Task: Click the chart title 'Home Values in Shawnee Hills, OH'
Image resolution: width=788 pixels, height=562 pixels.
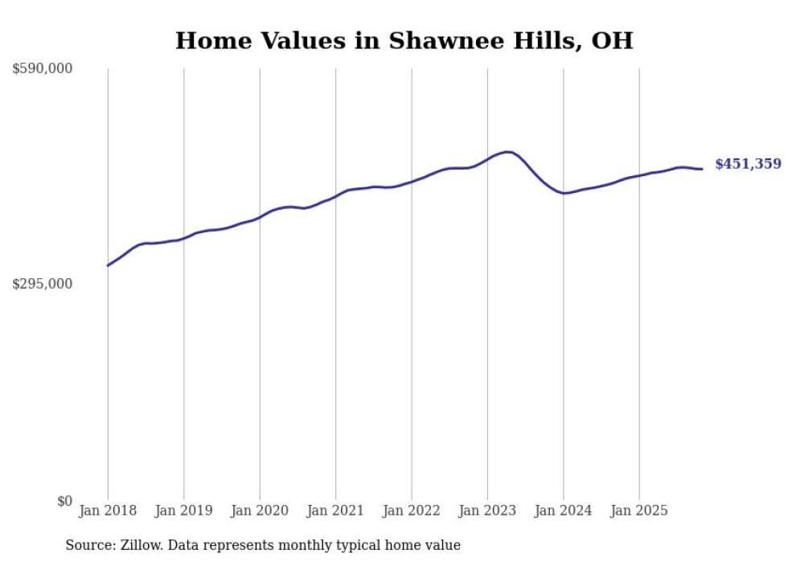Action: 404,40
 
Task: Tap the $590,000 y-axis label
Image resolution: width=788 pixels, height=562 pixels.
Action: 43,69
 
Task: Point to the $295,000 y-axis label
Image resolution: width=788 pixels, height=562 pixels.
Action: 43,284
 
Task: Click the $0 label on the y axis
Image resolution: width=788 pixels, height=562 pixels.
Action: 64,501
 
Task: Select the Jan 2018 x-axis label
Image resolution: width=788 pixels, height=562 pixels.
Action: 108,511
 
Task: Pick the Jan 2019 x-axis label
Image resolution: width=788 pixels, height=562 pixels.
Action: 183,511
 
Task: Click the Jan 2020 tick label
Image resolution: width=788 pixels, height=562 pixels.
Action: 260,511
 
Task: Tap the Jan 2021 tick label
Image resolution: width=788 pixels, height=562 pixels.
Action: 335,511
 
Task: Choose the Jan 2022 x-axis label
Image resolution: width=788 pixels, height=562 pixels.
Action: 412,511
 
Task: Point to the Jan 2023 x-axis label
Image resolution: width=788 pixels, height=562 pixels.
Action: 487,511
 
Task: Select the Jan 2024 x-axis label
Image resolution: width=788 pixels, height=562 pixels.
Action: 564,511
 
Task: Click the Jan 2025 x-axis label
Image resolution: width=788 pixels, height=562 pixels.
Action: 639,511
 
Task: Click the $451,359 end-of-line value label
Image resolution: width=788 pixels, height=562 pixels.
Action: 748,164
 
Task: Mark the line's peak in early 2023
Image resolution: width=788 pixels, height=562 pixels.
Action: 507,151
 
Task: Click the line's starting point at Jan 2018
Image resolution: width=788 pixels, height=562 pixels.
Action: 108,265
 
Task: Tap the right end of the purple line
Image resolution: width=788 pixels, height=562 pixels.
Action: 702,169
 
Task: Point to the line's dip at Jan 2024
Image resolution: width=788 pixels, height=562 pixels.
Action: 565,193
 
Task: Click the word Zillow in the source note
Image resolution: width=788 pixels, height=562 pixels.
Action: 140,545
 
